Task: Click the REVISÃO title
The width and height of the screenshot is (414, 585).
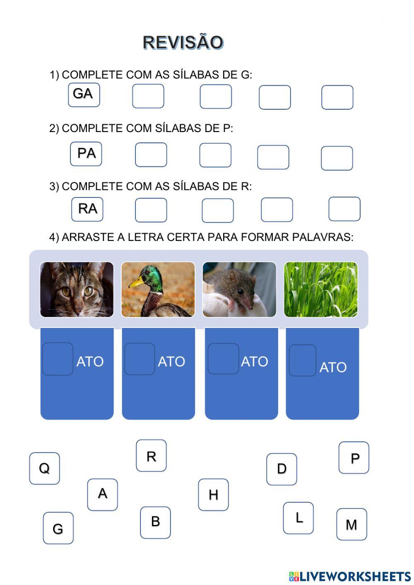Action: point(183,43)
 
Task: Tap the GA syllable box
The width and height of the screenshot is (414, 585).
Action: point(84,95)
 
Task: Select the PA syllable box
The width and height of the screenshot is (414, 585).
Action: point(86,154)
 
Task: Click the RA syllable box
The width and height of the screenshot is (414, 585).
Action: point(87,209)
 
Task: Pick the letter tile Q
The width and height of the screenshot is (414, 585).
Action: point(44,468)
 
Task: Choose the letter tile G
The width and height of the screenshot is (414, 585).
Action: point(58,528)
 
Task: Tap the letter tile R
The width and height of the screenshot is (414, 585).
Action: point(151,456)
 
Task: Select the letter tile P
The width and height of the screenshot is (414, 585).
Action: point(354,458)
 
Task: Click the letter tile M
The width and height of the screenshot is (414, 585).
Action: point(351,525)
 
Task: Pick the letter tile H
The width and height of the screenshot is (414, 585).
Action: point(213,495)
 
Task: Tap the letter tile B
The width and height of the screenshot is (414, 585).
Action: point(155,522)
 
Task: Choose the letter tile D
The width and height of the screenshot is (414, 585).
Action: point(282,469)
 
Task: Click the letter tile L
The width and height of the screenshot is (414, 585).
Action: point(298,518)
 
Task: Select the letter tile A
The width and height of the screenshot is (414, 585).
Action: point(102,494)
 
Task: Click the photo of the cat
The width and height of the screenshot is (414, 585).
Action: point(77,289)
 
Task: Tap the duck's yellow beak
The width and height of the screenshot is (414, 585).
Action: point(136,282)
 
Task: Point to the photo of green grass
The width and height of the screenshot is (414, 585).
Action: point(321,289)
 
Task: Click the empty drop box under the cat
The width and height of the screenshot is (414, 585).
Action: point(58,359)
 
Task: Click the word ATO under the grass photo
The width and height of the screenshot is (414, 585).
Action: point(333,367)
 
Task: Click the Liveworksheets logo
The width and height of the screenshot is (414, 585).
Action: point(350,576)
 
